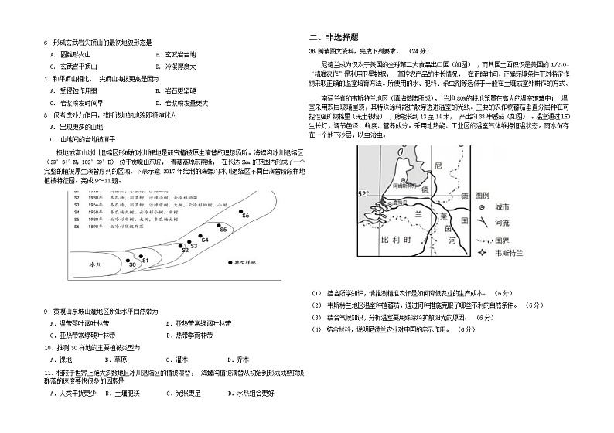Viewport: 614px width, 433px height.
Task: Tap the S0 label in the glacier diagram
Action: point(133,264)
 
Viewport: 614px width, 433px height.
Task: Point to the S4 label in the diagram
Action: point(205,240)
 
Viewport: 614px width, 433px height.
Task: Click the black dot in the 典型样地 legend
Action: point(230,263)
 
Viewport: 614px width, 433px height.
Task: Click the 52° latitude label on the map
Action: point(365,193)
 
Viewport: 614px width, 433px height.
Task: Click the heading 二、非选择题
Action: point(333,36)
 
